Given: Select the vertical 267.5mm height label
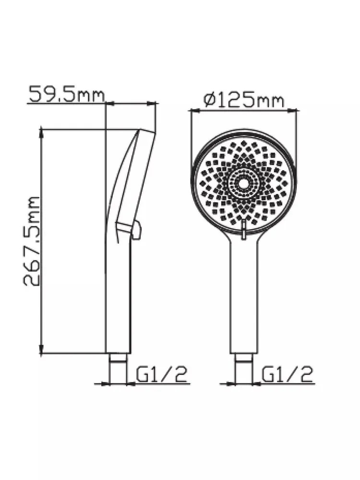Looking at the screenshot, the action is tap(32, 242).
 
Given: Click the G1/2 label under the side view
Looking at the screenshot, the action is tap(161, 374).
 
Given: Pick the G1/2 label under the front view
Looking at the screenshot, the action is tap(288, 374).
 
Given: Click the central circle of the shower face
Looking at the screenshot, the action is tap(243, 183).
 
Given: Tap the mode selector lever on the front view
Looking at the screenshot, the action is tap(243, 228).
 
